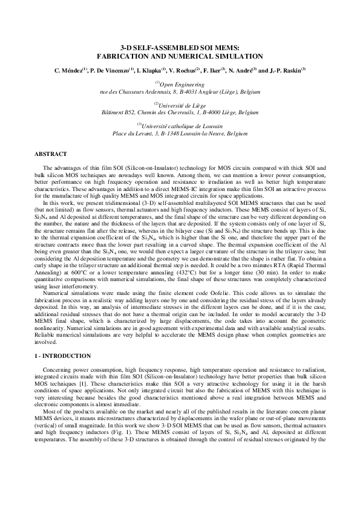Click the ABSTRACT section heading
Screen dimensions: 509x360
click(x=51, y=155)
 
